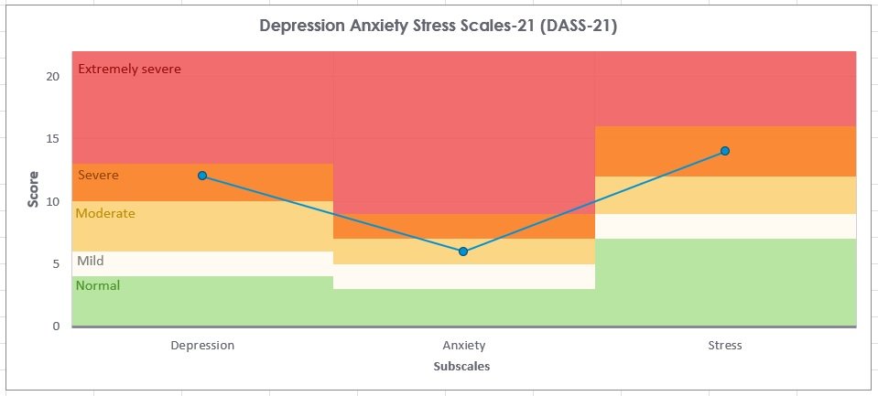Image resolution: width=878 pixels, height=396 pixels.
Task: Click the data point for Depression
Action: tap(202, 176)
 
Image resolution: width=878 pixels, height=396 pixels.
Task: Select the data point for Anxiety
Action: tap(463, 251)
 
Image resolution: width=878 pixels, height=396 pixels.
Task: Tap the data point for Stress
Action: tap(724, 151)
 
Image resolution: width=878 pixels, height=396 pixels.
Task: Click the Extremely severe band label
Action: tap(129, 69)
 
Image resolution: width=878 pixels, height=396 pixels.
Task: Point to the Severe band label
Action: tap(98, 175)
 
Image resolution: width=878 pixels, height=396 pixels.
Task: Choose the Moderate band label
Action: tap(104, 213)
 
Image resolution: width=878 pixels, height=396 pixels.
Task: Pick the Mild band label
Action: tap(90, 261)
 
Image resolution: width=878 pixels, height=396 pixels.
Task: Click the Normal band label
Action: tap(98, 285)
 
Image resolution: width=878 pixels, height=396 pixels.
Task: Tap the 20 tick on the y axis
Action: tap(53, 76)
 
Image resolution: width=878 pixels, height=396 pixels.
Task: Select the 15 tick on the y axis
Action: tap(53, 139)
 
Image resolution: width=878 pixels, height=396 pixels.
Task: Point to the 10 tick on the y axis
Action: tap(53, 201)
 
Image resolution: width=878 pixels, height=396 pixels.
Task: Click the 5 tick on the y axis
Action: tap(57, 263)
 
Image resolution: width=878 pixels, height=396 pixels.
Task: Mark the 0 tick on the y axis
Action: tap(57, 326)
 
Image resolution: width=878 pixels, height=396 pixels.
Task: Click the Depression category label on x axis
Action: tap(202, 346)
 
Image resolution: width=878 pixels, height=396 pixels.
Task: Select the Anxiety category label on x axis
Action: tap(463, 346)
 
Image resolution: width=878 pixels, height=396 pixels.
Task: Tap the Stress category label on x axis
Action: tap(724, 346)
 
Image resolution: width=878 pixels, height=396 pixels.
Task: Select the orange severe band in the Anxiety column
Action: tap(463, 226)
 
